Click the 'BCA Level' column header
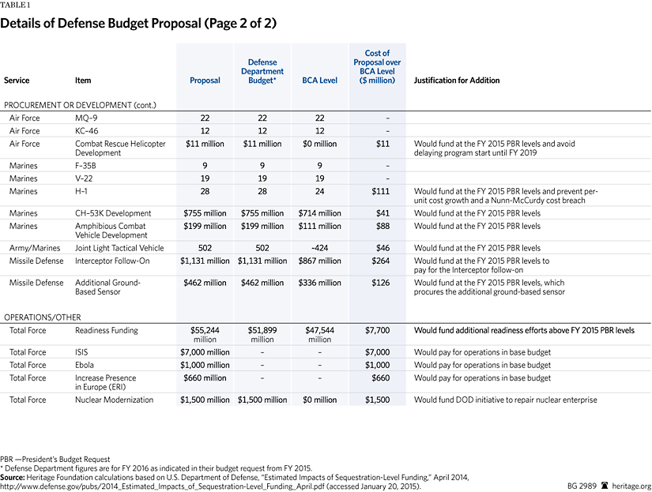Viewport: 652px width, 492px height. (320, 81)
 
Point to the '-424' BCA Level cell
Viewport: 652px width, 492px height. (320, 248)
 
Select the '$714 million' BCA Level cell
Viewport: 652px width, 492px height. (320, 213)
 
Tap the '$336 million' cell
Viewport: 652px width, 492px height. (320, 283)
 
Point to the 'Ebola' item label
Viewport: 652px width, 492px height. (85, 365)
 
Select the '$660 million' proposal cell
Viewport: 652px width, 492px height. (205, 378)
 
